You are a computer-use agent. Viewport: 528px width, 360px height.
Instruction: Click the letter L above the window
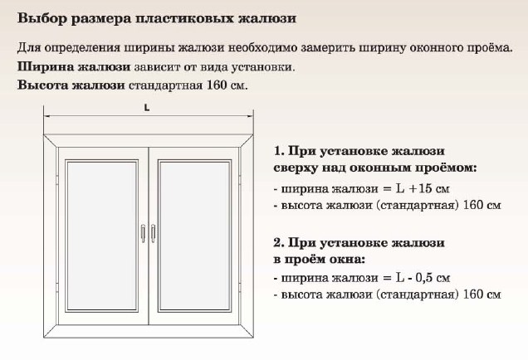tap(147, 108)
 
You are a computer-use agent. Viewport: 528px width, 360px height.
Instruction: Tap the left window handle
tap(143, 233)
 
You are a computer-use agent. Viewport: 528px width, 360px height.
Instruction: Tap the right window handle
tap(154, 233)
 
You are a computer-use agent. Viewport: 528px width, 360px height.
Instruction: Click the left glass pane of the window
tap(101, 236)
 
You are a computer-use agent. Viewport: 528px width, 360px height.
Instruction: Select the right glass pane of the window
tap(194, 236)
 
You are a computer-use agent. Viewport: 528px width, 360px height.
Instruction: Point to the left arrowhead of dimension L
tap(47, 116)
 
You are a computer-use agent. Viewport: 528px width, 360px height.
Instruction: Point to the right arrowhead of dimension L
tap(250, 116)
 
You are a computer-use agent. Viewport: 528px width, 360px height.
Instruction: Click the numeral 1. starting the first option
tap(279, 151)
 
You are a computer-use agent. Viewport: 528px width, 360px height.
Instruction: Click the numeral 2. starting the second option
tap(279, 242)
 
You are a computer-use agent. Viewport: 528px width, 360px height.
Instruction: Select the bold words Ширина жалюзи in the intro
tap(74, 66)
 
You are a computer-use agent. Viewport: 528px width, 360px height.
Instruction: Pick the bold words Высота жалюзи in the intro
tap(71, 85)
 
